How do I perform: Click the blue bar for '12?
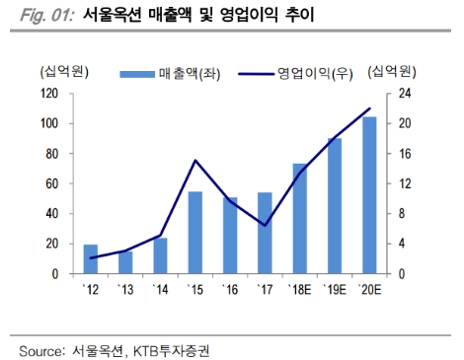point(90,258)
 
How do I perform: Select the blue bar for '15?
point(195,232)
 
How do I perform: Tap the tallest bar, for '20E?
point(369,195)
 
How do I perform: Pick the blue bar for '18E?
point(300,218)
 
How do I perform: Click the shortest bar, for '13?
point(125,262)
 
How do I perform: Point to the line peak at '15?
point(195,160)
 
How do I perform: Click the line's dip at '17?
point(265,226)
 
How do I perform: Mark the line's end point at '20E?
point(369,108)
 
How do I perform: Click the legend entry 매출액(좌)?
point(163,73)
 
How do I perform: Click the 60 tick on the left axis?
point(50,183)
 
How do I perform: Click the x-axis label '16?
point(230,288)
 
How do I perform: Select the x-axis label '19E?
point(335,288)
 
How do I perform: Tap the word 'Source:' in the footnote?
point(41,350)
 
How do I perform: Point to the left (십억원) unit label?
point(62,71)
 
